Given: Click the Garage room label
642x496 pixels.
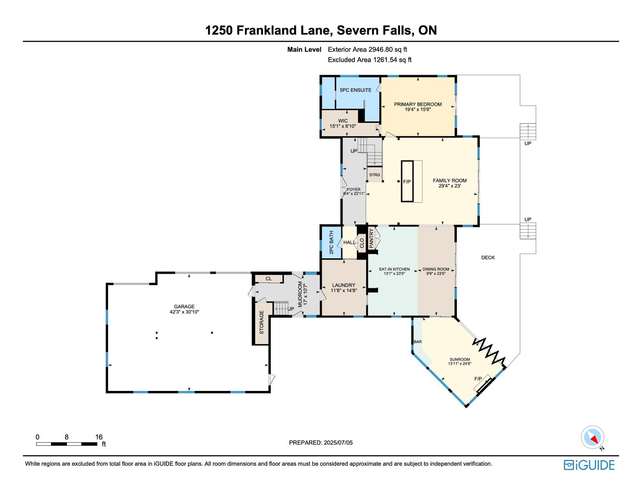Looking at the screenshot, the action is click(184, 307).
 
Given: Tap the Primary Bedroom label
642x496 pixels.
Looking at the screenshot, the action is click(418, 104).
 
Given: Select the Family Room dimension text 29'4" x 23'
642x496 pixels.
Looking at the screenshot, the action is click(449, 186).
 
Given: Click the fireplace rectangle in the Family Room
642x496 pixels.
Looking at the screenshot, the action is click(407, 181).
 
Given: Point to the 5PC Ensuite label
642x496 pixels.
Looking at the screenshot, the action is click(356, 90).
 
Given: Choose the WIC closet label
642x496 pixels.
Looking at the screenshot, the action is click(343, 121).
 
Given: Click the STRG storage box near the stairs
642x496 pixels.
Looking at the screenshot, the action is click(375, 175).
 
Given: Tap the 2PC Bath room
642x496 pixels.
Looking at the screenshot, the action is click(331, 243).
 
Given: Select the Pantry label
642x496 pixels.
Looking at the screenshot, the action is click(371, 239).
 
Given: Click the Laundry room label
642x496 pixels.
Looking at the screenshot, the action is click(343, 285).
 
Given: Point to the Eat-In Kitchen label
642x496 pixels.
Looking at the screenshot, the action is click(394, 269).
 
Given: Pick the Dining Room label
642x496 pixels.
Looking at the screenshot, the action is click(436, 269).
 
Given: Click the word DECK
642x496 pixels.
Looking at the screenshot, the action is click(488, 258).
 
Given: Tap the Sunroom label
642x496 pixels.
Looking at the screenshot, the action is click(460, 359).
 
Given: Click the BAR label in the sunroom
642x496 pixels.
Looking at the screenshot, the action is click(418, 342).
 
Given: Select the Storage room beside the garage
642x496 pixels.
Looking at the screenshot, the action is click(262, 323).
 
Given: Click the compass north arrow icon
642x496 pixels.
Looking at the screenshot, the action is click(592, 437).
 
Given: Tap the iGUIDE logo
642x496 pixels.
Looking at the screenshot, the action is click(589, 465).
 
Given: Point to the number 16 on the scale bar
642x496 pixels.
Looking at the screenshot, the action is click(99, 437).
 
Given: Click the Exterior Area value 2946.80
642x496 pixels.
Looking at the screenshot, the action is click(381, 50).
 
